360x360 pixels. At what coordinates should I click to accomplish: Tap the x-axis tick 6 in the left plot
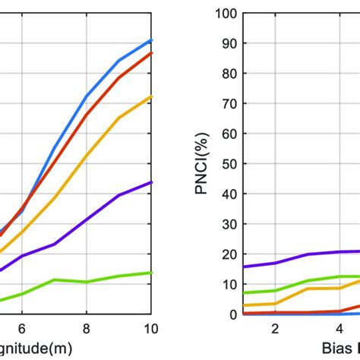(22, 328)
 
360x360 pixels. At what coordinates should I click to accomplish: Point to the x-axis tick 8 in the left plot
(87, 328)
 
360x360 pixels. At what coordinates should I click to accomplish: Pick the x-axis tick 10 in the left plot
(151, 328)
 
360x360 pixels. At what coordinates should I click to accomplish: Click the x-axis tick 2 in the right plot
(274, 328)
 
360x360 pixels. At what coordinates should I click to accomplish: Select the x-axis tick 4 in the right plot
(339, 328)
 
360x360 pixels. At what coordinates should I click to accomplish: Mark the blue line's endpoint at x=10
(151, 40)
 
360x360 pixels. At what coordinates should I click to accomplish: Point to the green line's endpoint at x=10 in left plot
(151, 273)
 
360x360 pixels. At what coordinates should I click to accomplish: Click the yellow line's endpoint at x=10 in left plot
(151, 96)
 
